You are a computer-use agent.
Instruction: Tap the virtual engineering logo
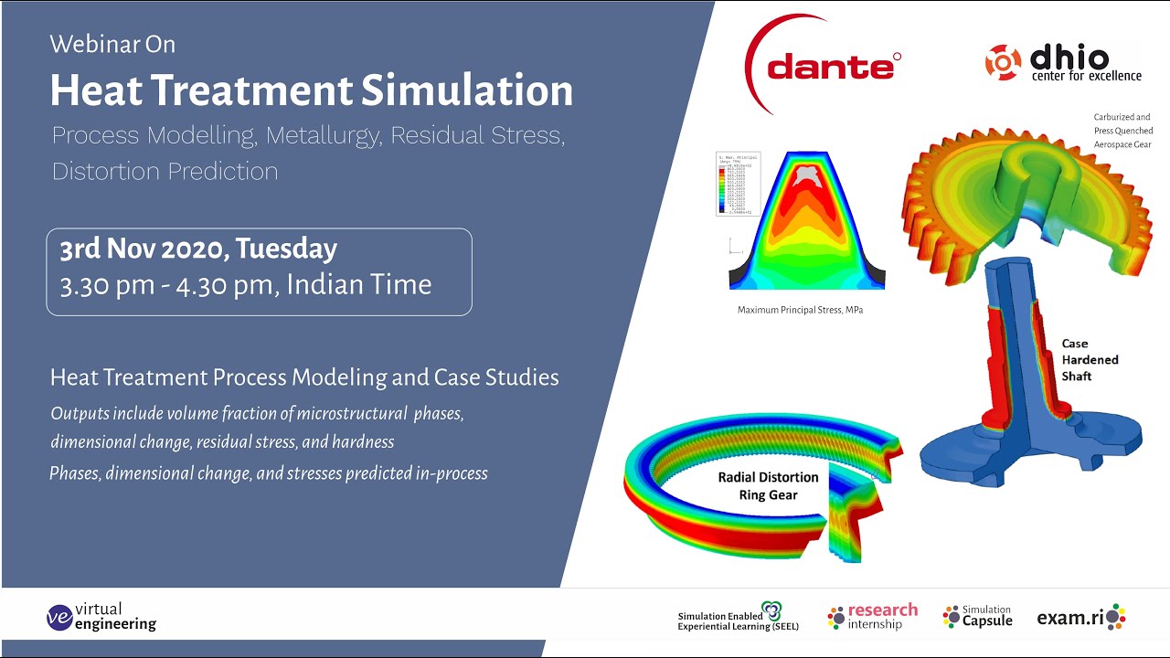pos(101,617)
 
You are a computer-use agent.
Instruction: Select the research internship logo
pos(872,617)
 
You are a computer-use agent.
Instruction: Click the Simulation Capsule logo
pos(977,617)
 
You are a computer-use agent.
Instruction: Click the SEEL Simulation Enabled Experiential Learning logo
pos(739,619)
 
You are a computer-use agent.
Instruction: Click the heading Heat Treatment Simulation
pos(311,90)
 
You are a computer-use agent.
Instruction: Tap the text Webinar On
pos(112,44)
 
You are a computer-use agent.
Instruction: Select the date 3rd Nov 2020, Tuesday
pos(198,249)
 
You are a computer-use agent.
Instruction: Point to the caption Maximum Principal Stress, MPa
pos(800,310)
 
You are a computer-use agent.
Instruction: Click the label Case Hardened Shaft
pos(1089,359)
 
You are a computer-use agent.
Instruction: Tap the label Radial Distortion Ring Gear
pos(768,486)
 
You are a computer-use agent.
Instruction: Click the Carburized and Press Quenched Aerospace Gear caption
pos(1122,131)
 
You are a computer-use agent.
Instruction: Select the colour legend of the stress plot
pos(739,183)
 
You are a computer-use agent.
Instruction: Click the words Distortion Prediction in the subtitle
pos(165,171)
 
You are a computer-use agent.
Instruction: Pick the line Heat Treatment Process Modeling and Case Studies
pos(304,377)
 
